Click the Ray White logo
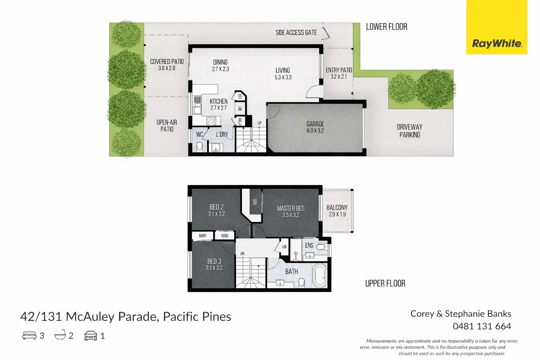pos(496,44)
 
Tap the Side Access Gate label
pos(296,33)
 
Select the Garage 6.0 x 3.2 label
pos(315,127)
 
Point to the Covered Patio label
pos(167,65)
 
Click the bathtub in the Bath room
pos(320,276)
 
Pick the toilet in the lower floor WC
pos(199,147)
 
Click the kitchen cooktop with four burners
pos(211,121)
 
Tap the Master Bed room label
pos(290,211)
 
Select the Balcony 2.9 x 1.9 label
pos(337,211)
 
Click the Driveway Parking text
pos(410,131)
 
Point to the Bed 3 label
pos(214,264)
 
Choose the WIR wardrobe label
pos(255,202)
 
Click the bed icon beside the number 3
pos(29,335)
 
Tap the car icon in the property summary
pos(90,336)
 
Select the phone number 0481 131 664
pos(482,326)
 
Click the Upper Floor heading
pos(385,283)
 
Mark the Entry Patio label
pos(339,73)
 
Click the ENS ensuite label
pos(309,245)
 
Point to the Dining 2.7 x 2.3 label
pos(220,65)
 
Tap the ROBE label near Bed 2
pos(225,236)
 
